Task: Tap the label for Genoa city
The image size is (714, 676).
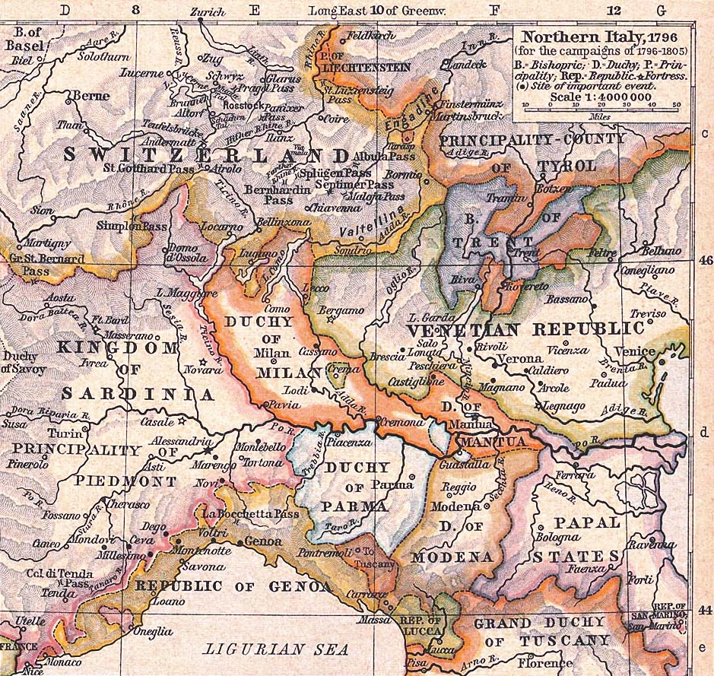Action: pyautogui.click(x=263, y=542)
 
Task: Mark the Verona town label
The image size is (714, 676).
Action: pyautogui.click(x=521, y=359)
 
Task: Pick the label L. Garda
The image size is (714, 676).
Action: pyautogui.click(x=431, y=318)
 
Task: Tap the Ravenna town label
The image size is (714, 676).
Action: pyautogui.click(x=652, y=544)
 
